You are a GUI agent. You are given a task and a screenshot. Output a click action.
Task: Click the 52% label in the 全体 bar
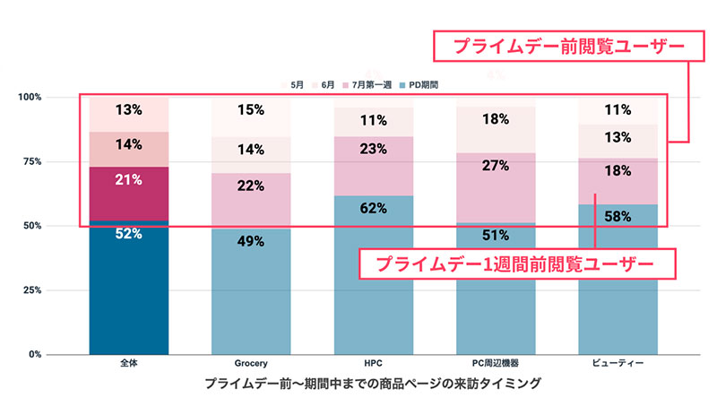pyautogui.click(x=129, y=234)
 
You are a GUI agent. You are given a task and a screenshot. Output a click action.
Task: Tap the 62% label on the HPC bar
pyautogui.click(x=374, y=209)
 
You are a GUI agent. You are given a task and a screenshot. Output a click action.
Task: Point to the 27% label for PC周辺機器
pyautogui.click(x=496, y=165)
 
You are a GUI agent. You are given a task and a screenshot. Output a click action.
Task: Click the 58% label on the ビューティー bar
pyautogui.click(x=618, y=216)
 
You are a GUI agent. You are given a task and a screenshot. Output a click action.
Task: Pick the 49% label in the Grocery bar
pyautogui.click(x=251, y=240)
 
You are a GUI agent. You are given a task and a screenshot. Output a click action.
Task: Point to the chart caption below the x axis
pyautogui.click(x=373, y=384)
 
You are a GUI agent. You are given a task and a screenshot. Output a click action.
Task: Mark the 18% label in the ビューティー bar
pyautogui.click(x=618, y=170)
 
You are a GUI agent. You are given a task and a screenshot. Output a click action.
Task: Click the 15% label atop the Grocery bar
pyautogui.click(x=251, y=110)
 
